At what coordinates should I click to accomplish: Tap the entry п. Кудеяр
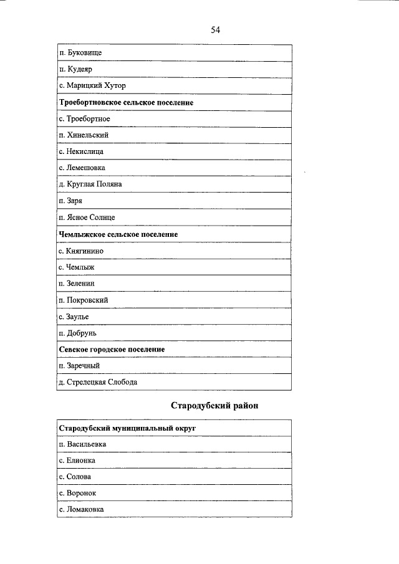pyautogui.click(x=75, y=69)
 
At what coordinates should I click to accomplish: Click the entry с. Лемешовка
pyautogui.click(x=82, y=168)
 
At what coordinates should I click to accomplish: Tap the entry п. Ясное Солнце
pyautogui.click(x=86, y=217)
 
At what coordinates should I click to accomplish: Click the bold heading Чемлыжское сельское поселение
pyautogui.click(x=118, y=234)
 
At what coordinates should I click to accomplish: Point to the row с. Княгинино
pyautogui.click(x=81, y=251)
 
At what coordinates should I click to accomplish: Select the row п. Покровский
pyautogui.click(x=83, y=300)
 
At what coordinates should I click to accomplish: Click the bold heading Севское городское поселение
pyautogui.click(x=112, y=350)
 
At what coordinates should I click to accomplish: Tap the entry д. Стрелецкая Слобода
pyautogui.click(x=97, y=382)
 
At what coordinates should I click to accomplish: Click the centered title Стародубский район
pyautogui.click(x=214, y=406)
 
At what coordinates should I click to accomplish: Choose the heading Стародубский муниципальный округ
pyautogui.click(x=132, y=429)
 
